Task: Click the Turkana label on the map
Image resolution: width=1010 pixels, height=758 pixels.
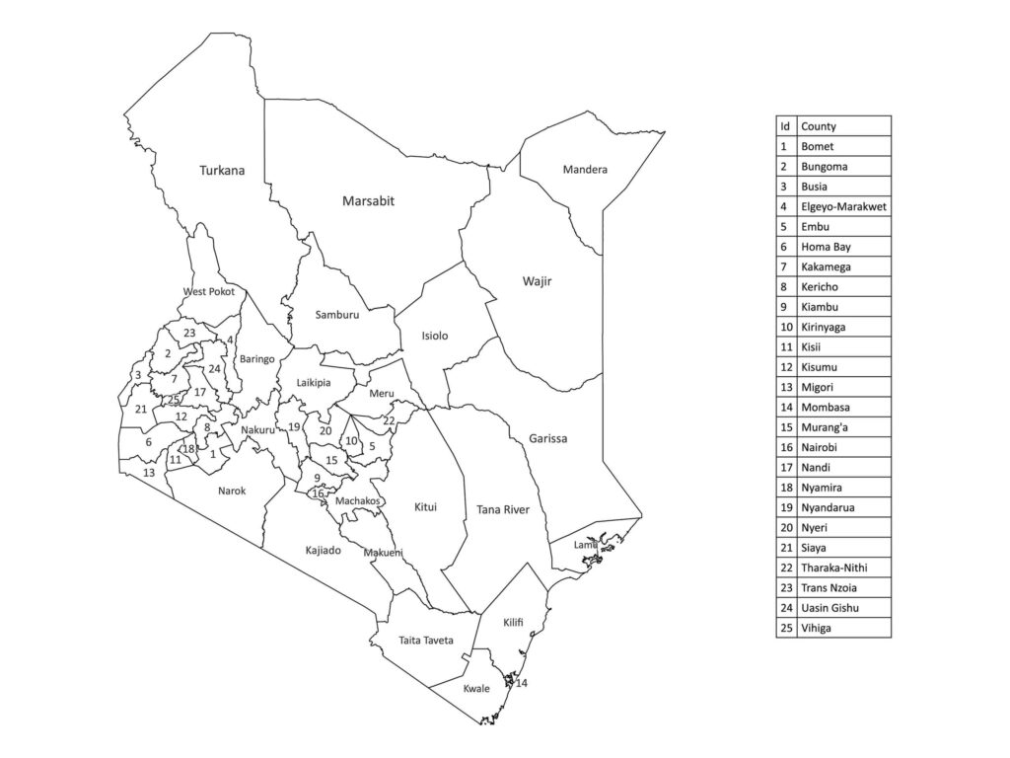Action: (x=222, y=170)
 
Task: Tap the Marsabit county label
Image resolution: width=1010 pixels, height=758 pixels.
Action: (x=368, y=200)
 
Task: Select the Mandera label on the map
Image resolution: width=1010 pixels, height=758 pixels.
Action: (x=585, y=170)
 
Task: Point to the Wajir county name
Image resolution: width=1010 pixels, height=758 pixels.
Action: (x=537, y=282)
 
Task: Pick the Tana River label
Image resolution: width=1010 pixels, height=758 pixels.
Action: (x=503, y=509)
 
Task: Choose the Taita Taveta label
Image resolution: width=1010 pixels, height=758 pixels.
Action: (x=426, y=641)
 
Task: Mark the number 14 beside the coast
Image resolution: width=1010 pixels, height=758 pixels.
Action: (x=522, y=683)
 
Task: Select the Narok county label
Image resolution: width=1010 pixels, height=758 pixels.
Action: (x=232, y=491)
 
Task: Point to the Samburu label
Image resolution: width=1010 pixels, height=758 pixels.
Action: (x=337, y=315)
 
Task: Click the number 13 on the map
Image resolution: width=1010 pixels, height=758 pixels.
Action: (x=149, y=473)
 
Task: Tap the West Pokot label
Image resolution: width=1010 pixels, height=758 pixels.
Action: (x=208, y=291)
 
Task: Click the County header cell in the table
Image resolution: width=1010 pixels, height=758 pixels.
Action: (x=843, y=126)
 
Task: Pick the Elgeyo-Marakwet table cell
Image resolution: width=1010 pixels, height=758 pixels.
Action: (x=843, y=206)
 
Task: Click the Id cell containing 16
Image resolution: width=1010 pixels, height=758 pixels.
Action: (x=785, y=447)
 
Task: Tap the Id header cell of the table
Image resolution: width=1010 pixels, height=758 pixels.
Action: (x=785, y=126)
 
